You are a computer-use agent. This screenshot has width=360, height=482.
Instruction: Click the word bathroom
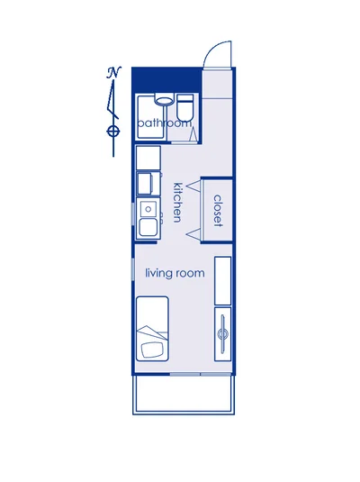(165, 123)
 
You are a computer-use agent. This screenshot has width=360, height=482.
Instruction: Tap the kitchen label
(178, 203)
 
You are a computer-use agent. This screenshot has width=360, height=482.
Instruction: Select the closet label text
(218, 211)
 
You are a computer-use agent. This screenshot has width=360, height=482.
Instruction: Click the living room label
(175, 273)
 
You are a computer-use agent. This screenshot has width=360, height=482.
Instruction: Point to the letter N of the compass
(114, 73)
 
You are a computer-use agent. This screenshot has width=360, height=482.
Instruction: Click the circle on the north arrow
(113, 132)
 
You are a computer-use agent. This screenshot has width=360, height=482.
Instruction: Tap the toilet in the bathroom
(185, 107)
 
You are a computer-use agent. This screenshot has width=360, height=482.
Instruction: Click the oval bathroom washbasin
(163, 100)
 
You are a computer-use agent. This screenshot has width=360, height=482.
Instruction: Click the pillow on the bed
(152, 350)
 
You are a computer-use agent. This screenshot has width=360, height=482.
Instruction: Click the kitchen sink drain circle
(148, 209)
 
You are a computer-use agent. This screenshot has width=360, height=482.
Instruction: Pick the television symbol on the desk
(222, 333)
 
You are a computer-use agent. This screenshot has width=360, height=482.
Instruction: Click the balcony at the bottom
(184, 395)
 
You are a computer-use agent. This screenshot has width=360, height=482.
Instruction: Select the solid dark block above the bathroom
(166, 79)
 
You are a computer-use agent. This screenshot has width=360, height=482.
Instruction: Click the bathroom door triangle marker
(193, 134)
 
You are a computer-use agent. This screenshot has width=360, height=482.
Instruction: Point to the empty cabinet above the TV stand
(222, 281)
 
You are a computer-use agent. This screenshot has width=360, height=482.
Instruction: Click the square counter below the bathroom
(148, 158)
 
